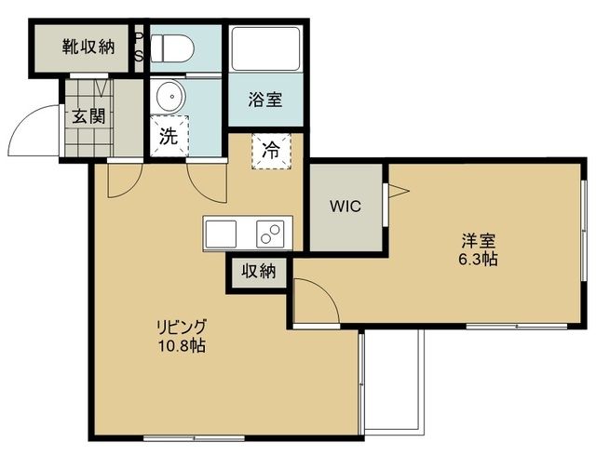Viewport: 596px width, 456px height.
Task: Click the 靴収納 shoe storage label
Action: coord(88,46)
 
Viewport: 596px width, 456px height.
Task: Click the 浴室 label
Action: coord(265,99)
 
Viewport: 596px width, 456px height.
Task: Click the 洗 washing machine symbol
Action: coord(169,134)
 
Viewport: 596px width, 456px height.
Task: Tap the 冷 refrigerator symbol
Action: coord(270,150)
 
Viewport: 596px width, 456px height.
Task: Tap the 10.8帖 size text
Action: coord(182,345)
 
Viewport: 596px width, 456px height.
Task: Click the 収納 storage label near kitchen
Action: coord(260,272)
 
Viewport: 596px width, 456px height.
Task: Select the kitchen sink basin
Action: coord(223,233)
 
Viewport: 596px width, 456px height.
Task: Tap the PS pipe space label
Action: coord(139,46)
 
